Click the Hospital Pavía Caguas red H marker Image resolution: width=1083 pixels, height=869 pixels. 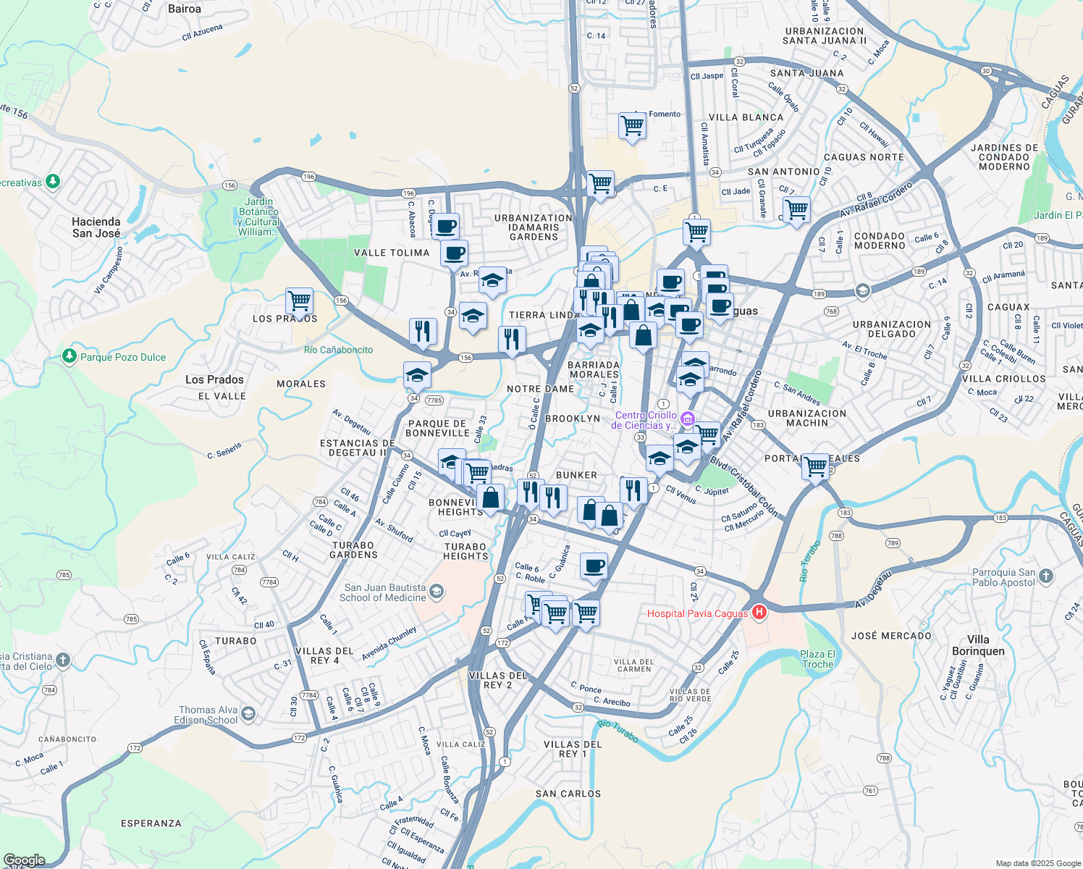759,613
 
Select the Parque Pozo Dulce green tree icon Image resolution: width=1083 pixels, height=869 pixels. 69,356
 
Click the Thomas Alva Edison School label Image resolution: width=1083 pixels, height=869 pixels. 208,715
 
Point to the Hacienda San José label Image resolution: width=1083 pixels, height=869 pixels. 96,227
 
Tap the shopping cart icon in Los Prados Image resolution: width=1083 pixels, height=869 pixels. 299,300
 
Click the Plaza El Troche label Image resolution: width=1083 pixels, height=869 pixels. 817,659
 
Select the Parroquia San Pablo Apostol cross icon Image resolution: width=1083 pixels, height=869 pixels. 1045,576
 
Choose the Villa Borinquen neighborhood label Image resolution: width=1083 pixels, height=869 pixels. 978,645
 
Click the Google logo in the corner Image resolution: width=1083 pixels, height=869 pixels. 24,860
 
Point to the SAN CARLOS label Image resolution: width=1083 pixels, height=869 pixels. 568,794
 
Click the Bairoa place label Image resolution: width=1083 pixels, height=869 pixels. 185,9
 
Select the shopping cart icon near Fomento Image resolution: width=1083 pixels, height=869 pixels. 632,126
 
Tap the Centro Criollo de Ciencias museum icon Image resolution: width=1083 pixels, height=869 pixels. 687,419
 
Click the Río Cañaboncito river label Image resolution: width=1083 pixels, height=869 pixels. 338,350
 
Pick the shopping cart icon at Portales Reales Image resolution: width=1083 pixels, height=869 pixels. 815,466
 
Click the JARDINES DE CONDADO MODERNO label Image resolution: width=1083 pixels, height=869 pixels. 1004,157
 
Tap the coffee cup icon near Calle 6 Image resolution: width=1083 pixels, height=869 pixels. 594,566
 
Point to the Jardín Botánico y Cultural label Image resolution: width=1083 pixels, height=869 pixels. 258,217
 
